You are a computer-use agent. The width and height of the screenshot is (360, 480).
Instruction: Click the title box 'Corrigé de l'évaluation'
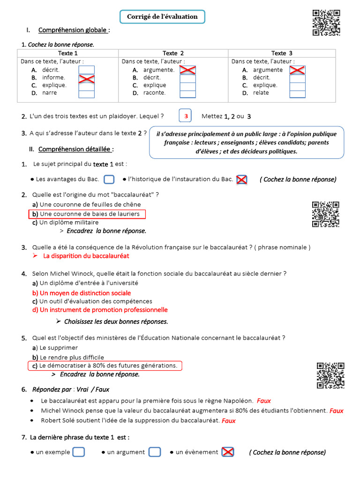[162, 17]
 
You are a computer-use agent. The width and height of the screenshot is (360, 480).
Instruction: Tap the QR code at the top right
[326, 22]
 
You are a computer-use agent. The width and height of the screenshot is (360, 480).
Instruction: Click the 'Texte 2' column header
[173, 53]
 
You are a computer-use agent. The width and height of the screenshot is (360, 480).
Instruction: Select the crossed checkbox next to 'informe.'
[86, 78]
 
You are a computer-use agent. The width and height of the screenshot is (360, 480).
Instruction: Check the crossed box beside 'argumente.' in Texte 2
[187, 70]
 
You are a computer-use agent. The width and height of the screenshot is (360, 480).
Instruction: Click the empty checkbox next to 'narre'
[86, 93]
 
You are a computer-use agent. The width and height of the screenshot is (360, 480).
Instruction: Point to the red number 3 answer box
[186, 116]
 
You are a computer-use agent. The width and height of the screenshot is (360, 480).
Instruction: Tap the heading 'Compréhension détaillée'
[75, 149]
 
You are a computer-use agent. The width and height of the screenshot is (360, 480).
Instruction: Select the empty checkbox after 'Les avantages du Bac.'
[109, 179]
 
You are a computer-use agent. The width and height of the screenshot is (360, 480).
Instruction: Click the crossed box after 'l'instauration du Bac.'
[242, 179]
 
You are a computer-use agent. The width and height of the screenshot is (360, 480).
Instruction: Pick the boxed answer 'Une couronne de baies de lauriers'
[87, 214]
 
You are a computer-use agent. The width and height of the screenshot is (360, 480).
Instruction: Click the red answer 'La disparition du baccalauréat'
[86, 256]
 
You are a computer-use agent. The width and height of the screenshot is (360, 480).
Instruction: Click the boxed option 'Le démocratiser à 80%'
[105, 366]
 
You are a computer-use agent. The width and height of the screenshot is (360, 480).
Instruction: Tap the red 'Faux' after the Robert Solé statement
[229, 421]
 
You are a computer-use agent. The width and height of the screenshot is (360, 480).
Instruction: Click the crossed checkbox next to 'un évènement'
[228, 452]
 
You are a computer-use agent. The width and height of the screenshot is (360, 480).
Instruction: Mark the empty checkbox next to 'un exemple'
[79, 452]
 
